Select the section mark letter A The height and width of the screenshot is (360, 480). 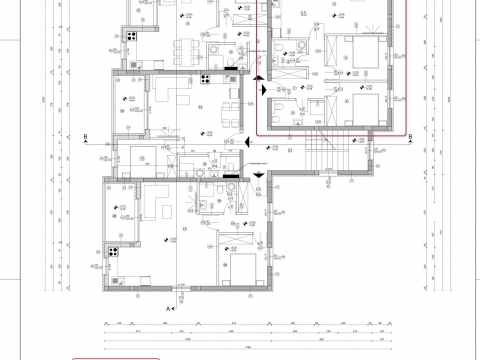(x=168, y=310)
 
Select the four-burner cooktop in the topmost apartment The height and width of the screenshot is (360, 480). (x=131, y=37)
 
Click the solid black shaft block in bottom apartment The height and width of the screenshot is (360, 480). (x=232, y=177)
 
